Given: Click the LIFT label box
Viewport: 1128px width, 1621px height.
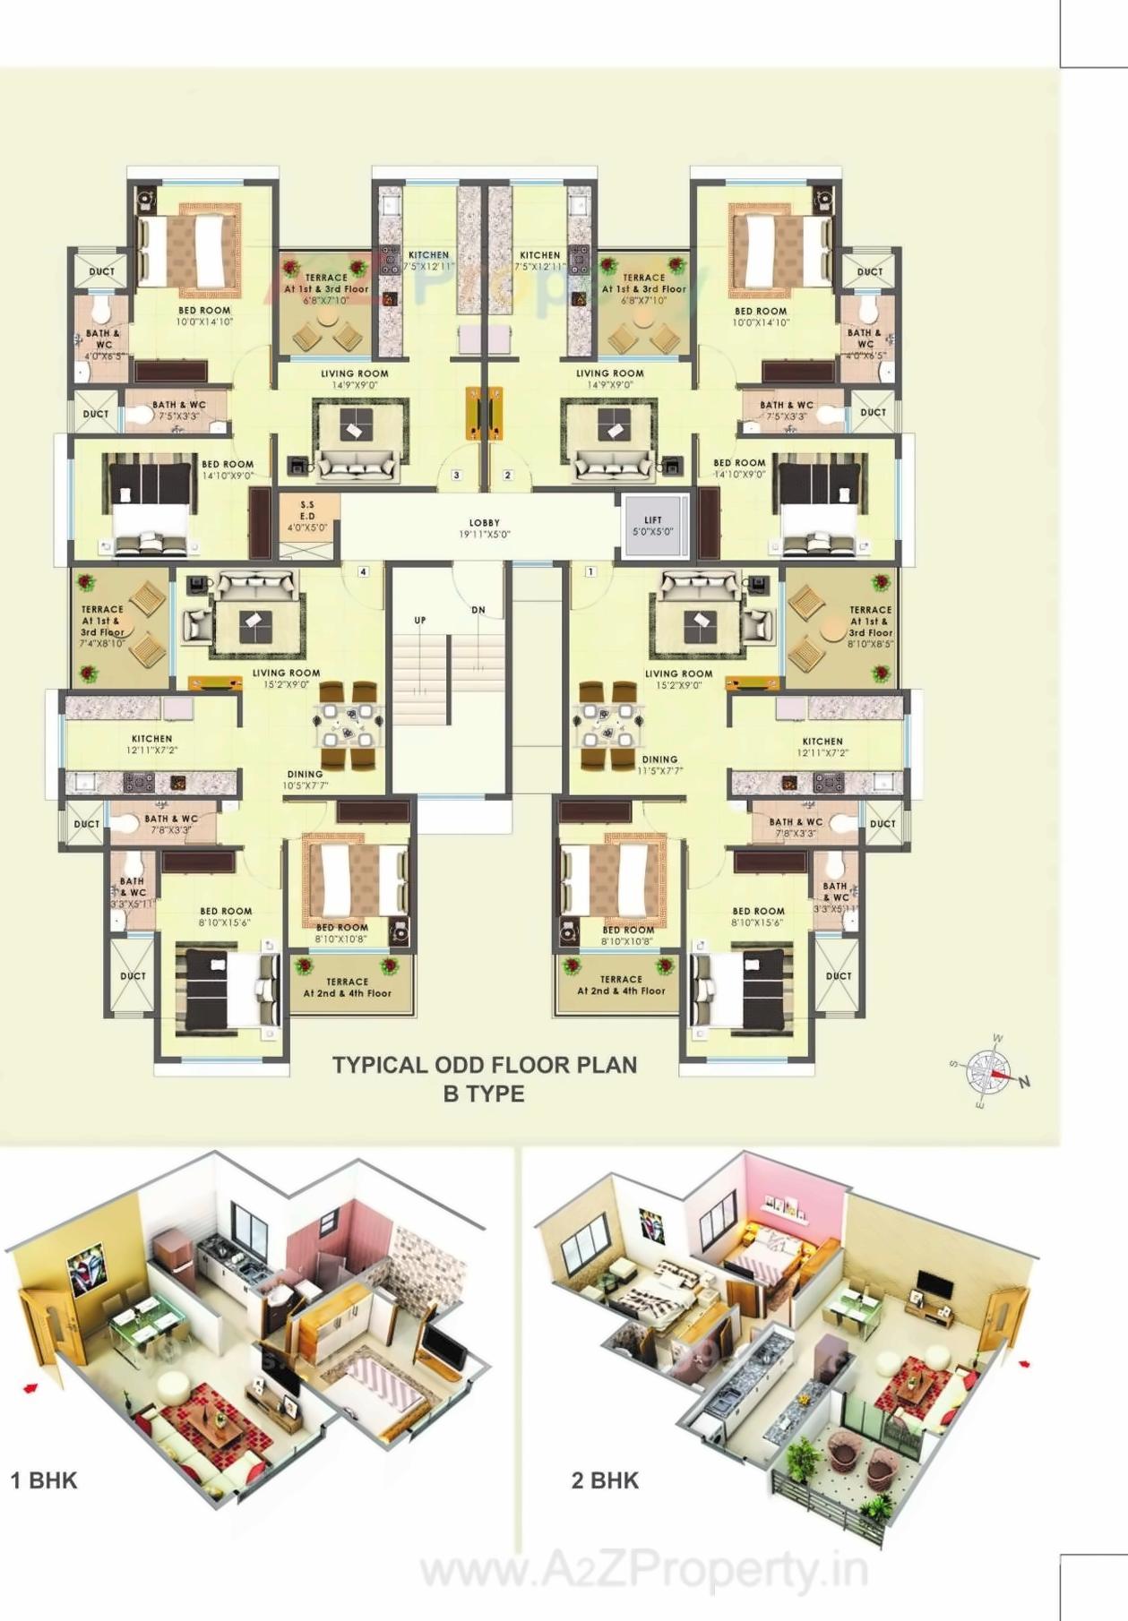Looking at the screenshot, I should pyautogui.click(x=653, y=525).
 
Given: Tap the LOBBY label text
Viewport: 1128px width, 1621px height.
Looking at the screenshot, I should pyautogui.click(x=485, y=528).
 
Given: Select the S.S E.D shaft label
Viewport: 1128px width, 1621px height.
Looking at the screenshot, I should pyautogui.click(x=307, y=517).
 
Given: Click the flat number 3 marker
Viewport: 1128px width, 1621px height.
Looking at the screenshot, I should pyautogui.click(x=456, y=475).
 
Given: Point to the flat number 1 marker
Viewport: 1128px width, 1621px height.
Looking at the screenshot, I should pyautogui.click(x=590, y=571).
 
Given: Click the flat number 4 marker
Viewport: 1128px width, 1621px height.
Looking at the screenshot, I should pyautogui.click(x=363, y=571).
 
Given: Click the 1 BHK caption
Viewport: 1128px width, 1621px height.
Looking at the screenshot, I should pyautogui.click(x=44, y=1480).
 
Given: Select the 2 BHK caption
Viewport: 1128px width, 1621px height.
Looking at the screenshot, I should pyautogui.click(x=605, y=1480).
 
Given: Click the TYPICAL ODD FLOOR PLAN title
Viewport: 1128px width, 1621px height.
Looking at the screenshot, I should pyautogui.click(x=485, y=1066).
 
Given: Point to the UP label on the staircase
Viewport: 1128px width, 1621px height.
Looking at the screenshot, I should pyautogui.click(x=420, y=620).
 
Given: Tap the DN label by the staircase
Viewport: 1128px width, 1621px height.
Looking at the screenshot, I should pyautogui.click(x=478, y=610).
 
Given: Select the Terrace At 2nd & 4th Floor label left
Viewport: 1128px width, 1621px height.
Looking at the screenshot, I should pyautogui.click(x=348, y=987).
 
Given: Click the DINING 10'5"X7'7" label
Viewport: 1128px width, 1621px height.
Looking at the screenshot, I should pyautogui.click(x=306, y=779).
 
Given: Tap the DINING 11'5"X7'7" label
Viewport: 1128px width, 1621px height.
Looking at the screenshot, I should pyautogui.click(x=660, y=764).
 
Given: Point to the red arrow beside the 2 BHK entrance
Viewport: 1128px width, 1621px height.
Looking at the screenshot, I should pyautogui.click(x=1025, y=1365).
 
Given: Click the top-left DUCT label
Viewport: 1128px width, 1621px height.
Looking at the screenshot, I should pyautogui.click(x=102, y=271).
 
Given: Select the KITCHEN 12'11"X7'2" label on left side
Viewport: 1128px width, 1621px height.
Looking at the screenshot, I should pyautogui.click(x=152, y=744).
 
